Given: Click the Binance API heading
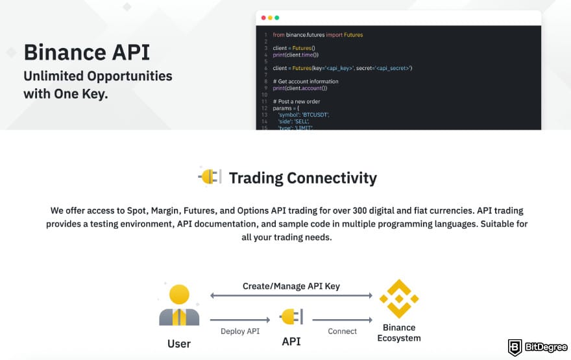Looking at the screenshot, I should point(86,52).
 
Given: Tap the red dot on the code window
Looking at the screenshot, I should point(262,18).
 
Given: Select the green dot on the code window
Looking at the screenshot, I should point(277,18).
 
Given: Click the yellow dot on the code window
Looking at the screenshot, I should point(269,18).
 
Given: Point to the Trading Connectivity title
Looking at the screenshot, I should point(302,178).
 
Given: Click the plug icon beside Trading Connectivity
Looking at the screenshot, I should point(209,176).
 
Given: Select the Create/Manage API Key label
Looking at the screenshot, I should point(291,285).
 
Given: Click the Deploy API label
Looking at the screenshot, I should point(240,331).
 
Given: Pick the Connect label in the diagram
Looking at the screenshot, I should point(342,331).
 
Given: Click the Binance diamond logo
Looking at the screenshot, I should point(398,299).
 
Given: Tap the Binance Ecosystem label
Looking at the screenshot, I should point(399,333).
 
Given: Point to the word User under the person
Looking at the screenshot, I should point(178,342).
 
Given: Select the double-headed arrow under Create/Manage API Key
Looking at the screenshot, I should point(291,296).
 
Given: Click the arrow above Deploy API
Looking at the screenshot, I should point(239,319).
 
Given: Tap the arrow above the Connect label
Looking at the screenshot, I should point(342,319).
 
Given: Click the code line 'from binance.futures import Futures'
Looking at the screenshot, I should point(317,34).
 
